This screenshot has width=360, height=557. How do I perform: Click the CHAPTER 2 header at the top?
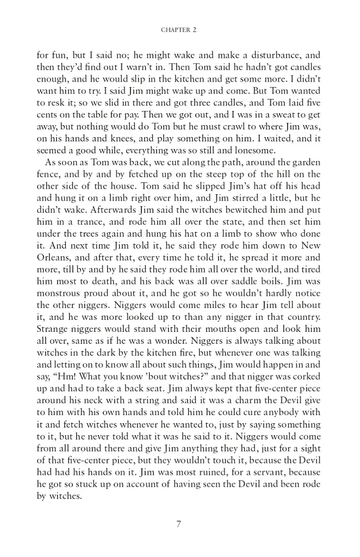click(x=179, y=30)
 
